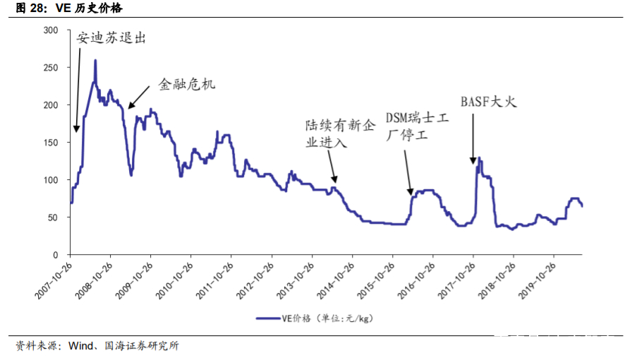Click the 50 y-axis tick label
[53, 217]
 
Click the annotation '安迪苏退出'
[112, 39]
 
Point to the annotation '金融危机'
[186, 84]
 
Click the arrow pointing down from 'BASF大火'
[473, 138]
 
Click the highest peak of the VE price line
[95, 61]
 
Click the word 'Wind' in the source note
[81, 346]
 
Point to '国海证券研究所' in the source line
[142, 346]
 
